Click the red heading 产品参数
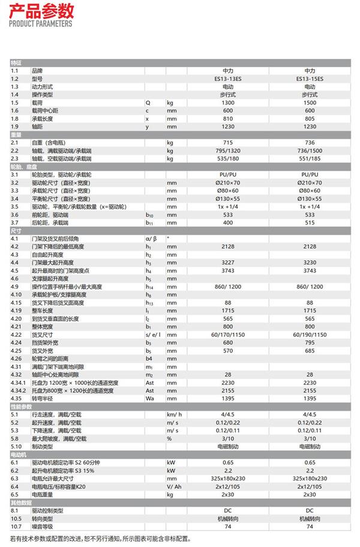(x=41, y=10)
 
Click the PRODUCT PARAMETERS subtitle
(x=41, y=23)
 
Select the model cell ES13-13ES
(x=227, y=79)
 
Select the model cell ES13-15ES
(x=310, y=79)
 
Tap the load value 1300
(x=227, y=103)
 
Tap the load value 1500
(x=310, y=103)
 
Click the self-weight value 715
(x=227, y=142)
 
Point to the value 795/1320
(x=227, y=151)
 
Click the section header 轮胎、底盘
(x=25, y=166)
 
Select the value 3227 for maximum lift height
(x=227, y=262)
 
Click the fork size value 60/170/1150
(x=227, y=334)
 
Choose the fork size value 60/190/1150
(x=310, y=334)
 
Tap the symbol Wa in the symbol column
(x=150, y=398)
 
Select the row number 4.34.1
(x=20, y=382)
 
